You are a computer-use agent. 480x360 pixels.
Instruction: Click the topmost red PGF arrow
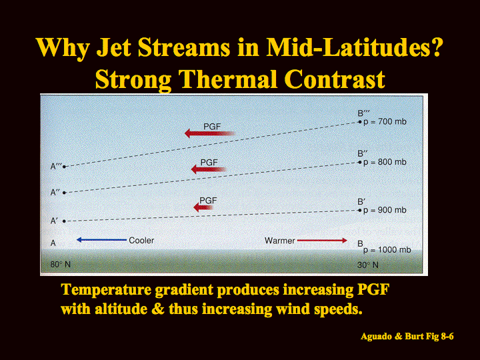tap(210, 133)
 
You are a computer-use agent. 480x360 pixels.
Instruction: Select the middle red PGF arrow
tap(209, 169)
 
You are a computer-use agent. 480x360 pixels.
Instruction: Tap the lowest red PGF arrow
tap(203, 207)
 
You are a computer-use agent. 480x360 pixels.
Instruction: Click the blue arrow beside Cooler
tap(101, 240)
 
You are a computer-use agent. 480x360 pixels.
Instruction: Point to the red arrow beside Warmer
tap(322, 240)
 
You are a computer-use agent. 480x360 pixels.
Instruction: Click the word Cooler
tap(141, 240)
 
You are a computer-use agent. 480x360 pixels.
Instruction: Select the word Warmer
tap(279, 241)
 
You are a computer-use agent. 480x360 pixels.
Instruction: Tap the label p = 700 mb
tap(385, 122)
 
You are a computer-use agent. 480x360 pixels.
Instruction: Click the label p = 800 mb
tap(385, 162)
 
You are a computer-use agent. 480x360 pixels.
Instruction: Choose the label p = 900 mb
tap(385, 210)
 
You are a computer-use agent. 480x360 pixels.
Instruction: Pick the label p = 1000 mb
tap(387, 250)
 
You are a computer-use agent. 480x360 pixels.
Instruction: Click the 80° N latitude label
tap(60, 264)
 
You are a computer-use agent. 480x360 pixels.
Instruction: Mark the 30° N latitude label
tap(367, 265)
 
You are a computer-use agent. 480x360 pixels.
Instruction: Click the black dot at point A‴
tap(64, 167)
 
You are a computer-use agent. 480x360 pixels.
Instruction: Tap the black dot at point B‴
tap(360, 122)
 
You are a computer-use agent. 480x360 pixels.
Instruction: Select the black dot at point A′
tap(64, 221)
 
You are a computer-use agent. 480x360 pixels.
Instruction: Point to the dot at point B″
tap(360, 162)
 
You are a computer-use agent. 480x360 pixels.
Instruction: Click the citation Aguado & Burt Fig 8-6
tap(407, 336)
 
